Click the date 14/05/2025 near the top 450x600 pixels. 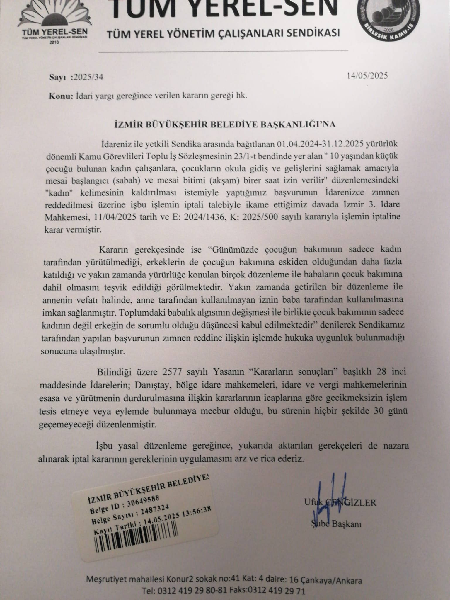367,76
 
